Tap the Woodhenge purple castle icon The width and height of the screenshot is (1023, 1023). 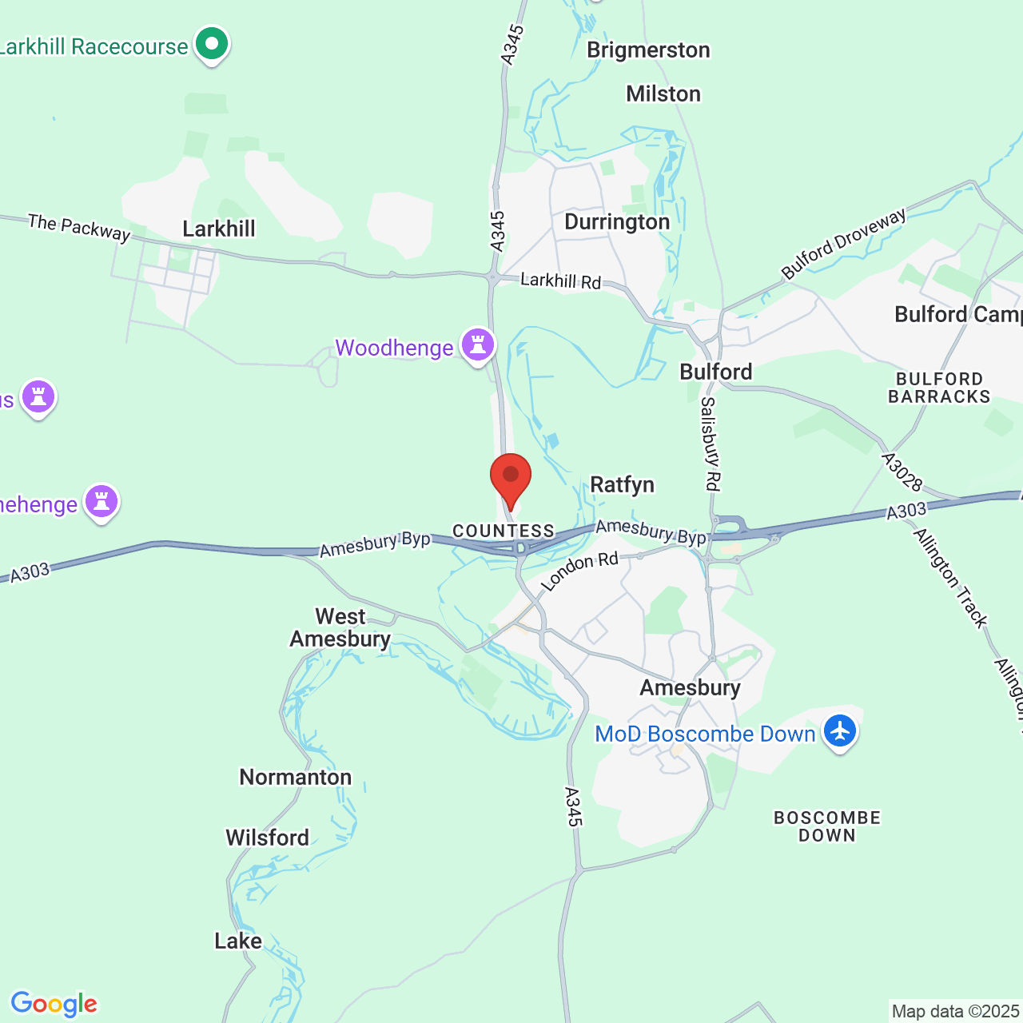tap(478, 345)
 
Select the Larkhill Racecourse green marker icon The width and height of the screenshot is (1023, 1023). tap(212, 45)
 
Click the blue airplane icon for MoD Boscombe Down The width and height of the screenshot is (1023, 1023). tap(840, 731)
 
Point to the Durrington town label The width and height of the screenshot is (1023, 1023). tap(617, 222)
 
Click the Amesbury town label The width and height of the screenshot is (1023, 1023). tap(690, 687)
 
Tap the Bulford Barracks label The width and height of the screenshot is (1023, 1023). tap(938, 388)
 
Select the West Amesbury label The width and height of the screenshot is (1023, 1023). tap(340, 627)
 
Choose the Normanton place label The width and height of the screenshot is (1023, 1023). tap(295, 777)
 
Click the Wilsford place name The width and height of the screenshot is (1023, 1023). tap(267, 838)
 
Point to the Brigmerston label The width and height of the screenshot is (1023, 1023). tap(648, 50)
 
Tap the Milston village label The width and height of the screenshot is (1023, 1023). tap(663, 94)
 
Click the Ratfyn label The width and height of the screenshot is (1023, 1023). tap(622, 485)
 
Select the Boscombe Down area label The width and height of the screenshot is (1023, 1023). tap(827, 826)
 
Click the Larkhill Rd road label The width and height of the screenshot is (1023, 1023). tap(560, 281)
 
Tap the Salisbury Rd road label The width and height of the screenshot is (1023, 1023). tap(710, 444)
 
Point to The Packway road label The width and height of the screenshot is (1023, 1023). tap(79, 227)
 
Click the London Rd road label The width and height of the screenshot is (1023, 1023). tap(579, 571)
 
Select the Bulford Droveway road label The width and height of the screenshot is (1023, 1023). tap(844, 243)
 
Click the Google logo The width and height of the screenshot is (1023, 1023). tap(54, 1004)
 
